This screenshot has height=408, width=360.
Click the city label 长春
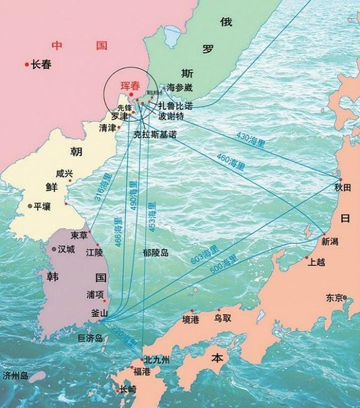(x=41, y=65)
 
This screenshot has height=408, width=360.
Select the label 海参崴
(x=179, y=88)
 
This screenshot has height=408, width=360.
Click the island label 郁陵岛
(x=155, y=253)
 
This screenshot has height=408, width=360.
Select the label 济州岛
(x=15, y=375)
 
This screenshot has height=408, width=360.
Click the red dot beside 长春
(x=26, y=65)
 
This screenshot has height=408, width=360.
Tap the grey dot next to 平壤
(x=30, y=206)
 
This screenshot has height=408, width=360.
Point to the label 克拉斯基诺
(x=155, y=135)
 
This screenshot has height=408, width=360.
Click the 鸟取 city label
(x=222, y=318)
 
